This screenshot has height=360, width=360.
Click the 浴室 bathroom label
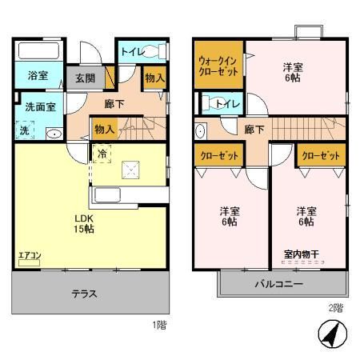click(37, 76)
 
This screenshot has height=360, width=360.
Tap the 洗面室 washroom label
click(38, 106)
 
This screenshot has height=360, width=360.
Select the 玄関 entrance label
click(86, 78)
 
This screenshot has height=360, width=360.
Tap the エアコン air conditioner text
click(30, 256)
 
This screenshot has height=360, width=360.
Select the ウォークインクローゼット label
click(218, 64)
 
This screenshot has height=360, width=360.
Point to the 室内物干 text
click(301, 255)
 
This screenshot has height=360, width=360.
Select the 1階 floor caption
click(161, 325)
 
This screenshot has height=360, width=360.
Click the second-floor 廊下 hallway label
click(254, 128)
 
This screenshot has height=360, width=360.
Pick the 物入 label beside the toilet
click(154, 78)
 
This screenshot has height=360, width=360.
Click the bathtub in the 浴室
click(38, 53)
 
